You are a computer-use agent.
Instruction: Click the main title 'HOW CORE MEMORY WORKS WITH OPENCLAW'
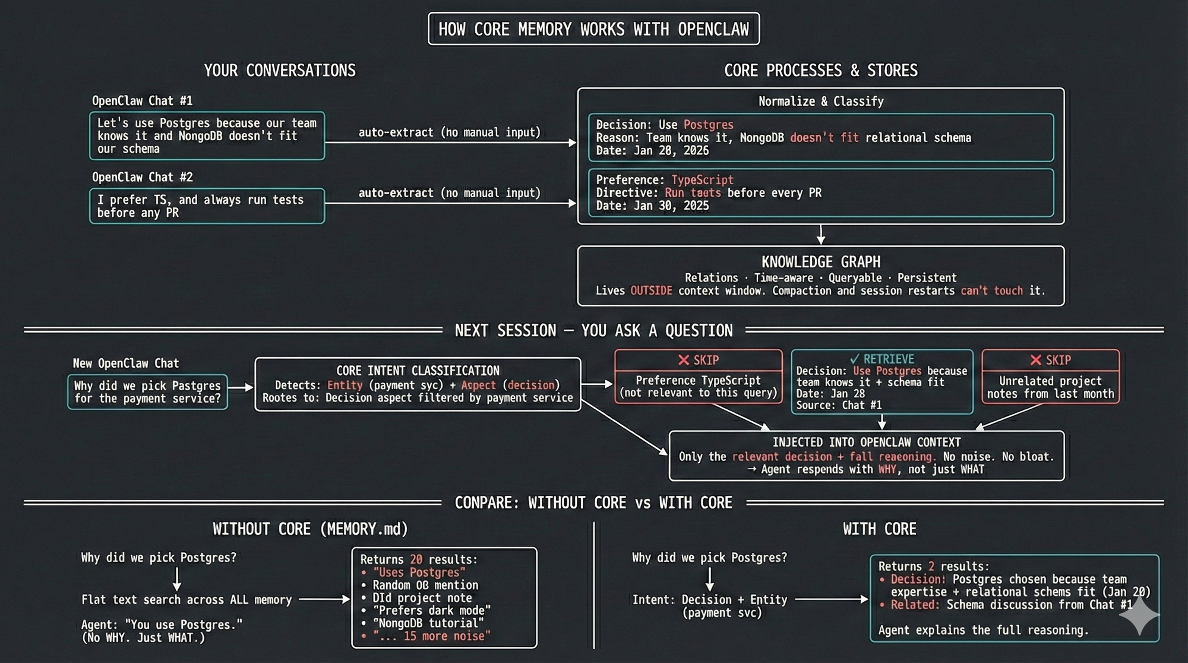click(593, 29)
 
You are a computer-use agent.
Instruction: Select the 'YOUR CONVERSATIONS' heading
click(280, 71)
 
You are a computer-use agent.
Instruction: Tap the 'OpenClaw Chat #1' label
click(142, 101)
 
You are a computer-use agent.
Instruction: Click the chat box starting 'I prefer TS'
click(207, 206)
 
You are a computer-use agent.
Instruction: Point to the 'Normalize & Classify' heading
click(821, 102)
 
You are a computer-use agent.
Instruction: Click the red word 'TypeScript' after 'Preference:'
click(702, 180)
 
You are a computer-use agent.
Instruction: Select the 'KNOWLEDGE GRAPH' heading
click(821, 262)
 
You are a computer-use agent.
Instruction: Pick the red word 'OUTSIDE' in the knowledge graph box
click(651, 291)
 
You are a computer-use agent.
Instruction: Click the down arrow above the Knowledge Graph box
click(821, 235)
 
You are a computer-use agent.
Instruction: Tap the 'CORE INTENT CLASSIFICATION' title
click(418, 371)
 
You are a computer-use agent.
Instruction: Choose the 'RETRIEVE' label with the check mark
click(882, 359)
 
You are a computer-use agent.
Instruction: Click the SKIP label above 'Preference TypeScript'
click(699, 360)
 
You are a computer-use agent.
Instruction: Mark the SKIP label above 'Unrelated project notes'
click(1050, 360)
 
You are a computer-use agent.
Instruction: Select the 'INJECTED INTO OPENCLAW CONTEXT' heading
click(867, 443)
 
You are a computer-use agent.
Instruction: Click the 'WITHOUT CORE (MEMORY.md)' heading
click(310, 529)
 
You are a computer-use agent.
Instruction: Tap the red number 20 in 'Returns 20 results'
click(416, 560)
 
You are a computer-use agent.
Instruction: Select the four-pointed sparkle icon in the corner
click(1139, 616)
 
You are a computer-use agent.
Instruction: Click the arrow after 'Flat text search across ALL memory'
click(324, 600)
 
